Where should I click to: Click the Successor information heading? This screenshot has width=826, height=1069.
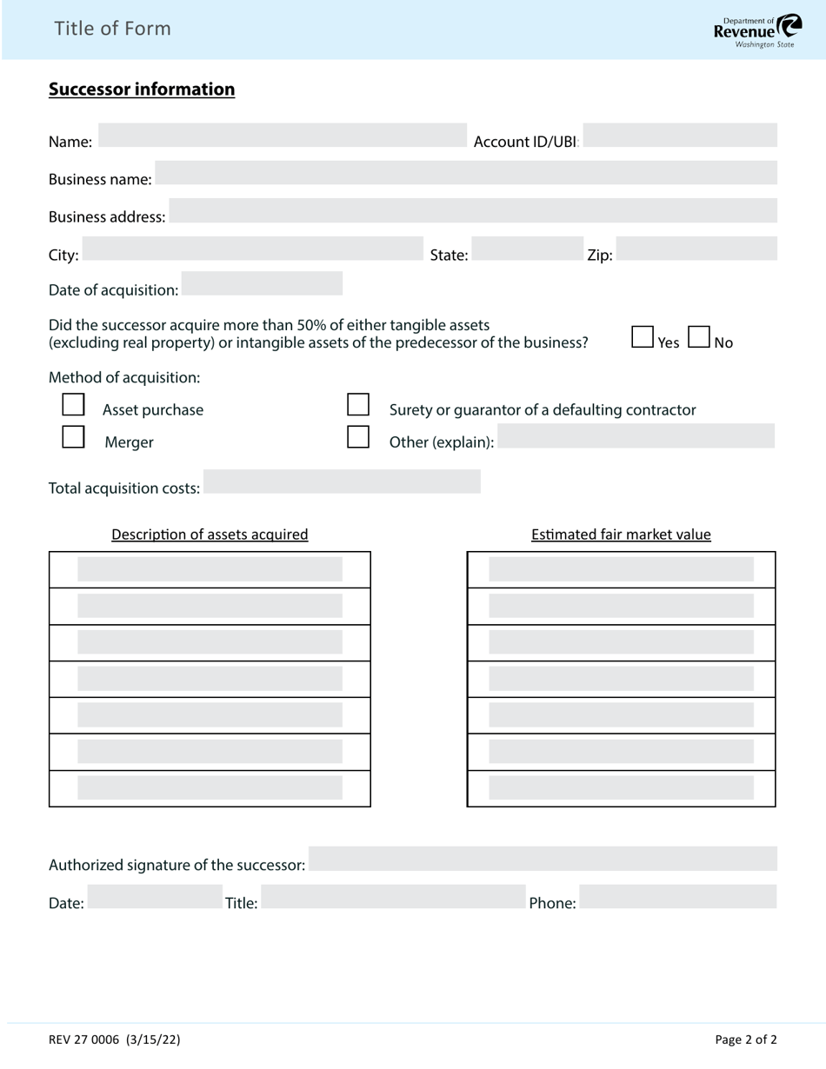coord(142,90)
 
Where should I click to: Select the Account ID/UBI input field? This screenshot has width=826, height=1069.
coord(679,136)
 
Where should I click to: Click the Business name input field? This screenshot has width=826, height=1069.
coord(465,173)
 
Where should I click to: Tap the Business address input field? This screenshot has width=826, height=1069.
coord(472,210)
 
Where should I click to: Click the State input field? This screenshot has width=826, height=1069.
coord(527,249)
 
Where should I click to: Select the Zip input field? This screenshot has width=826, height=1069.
coord(696,249)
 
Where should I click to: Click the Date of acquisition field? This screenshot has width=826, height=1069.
coord(262,283)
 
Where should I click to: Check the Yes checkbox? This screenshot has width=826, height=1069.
coord(643,337)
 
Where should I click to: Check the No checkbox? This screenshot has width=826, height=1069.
coord(699,337)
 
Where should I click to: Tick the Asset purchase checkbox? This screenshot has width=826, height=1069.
coord(74,405)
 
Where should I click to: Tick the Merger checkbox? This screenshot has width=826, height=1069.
coord(74,437)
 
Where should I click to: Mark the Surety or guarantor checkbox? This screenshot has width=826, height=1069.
coord(358,405)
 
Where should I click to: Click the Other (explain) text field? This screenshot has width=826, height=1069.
coord(636,436)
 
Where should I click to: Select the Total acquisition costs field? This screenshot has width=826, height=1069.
coord(342,481)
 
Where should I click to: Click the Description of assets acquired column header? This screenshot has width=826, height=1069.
coord(210,534)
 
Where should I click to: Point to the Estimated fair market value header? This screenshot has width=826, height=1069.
coord(621,534)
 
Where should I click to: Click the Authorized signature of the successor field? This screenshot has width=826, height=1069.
coord(543,859)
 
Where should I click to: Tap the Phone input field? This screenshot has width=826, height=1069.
coord(678,897)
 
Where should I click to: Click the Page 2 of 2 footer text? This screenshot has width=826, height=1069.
coord(745,1039)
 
